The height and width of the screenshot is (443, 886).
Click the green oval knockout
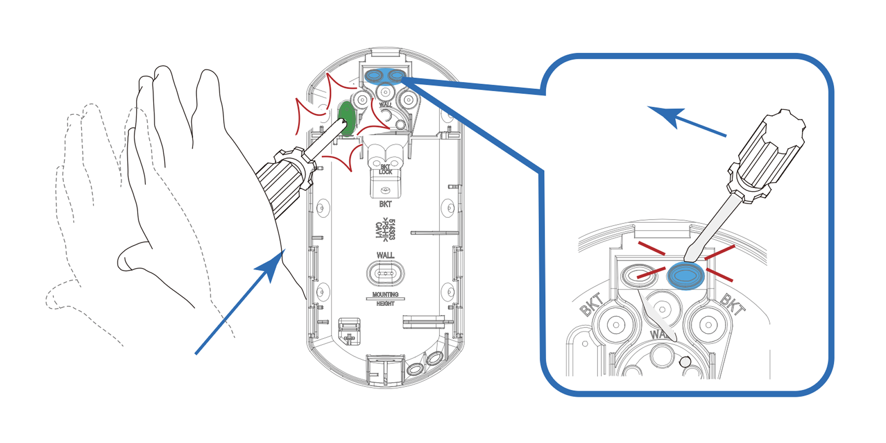point(347,118)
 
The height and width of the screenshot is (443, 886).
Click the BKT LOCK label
point(385,169)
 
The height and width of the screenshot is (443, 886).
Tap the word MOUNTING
point(385,295)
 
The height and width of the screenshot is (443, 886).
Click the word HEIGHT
point(385,304)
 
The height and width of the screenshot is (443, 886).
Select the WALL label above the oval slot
point(385,256)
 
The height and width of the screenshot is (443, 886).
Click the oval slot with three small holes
point(385,273)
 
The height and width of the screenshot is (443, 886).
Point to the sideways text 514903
point(392,229)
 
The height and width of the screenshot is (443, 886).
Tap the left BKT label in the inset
point(592,305)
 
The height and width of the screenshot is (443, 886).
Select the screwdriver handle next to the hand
point(284,182)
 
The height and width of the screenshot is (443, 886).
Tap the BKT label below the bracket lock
point(385,204)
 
